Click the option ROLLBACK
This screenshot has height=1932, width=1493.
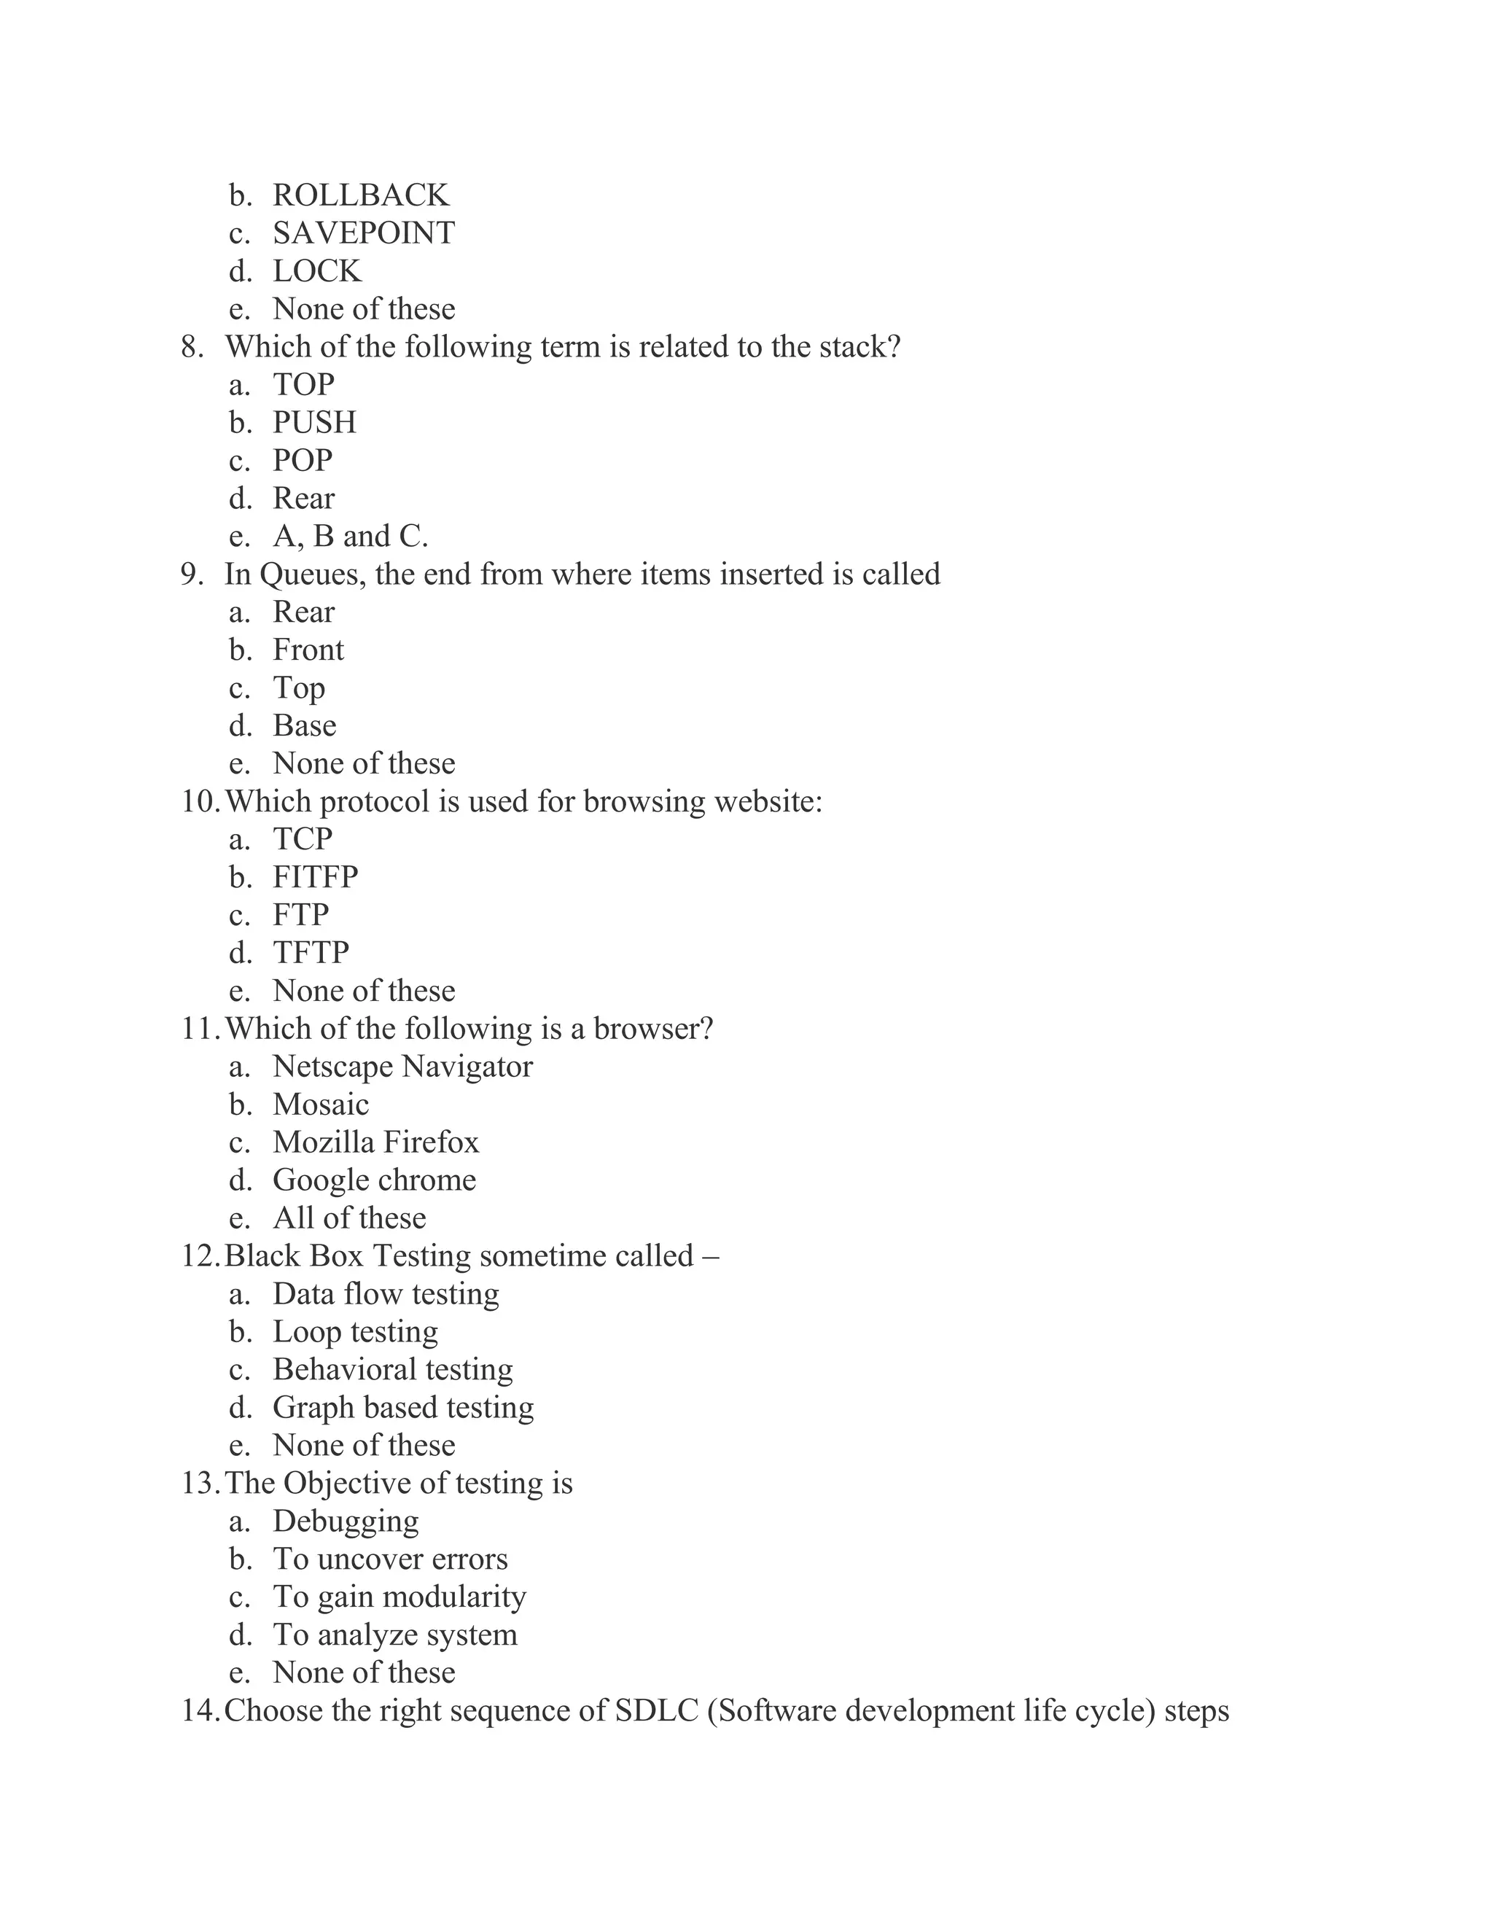pos(360,195)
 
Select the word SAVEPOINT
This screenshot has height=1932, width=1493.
pos(364,233)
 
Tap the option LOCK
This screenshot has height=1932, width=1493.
pos(316,270)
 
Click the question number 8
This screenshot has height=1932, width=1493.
pos(192,347)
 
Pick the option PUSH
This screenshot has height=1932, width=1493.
pos(314,423)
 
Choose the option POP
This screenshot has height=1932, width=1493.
pos(303,461)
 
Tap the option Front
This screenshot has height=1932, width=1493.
pos(308,650)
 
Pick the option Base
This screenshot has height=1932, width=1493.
pos(304,725)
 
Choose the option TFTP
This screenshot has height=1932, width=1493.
pos(311,953)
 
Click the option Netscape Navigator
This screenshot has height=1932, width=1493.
pos(402,1067)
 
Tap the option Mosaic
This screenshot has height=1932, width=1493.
pos(320,1105)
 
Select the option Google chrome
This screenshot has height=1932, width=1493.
pos(374,1180)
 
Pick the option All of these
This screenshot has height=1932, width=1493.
pos(349,1218)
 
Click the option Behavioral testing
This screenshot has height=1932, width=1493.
pos(393,1369)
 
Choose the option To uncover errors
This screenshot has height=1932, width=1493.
pos(390,1559)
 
